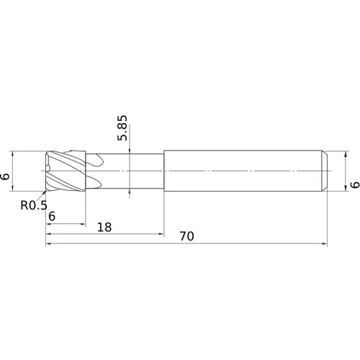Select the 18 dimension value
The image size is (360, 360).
(104, 227)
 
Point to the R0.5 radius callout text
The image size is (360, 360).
(32, 205)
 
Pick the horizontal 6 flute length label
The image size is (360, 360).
(52, 216)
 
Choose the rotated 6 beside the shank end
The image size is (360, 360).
(353, 185)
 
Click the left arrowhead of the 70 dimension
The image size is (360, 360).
(49, 245)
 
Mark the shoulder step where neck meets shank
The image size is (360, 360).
(164, 171)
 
